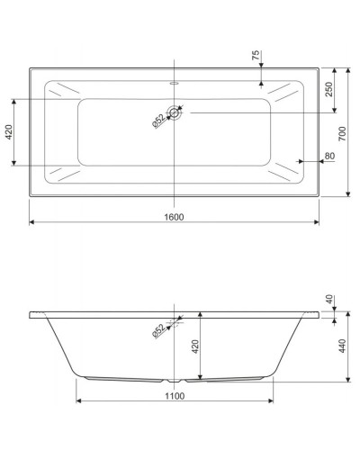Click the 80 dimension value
pos(330,157)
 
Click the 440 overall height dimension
pos(343,347)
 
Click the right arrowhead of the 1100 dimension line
pos(273,401)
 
